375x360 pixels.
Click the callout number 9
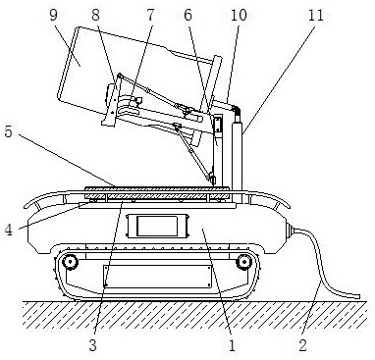54,15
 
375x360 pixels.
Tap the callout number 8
95,15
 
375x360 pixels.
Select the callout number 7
150,15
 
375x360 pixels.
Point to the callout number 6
187,15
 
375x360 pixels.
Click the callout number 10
239,15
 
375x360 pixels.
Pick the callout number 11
316,15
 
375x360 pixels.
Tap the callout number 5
8,131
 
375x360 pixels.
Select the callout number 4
8,230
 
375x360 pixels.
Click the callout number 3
93,345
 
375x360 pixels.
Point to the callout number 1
232,345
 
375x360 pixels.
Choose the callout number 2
303,345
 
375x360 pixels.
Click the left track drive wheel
70,262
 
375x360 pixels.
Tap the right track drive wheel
244,262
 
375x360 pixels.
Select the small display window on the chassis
157,226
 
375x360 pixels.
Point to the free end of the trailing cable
359,297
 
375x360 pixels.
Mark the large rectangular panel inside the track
157,277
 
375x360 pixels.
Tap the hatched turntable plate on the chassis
157,193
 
